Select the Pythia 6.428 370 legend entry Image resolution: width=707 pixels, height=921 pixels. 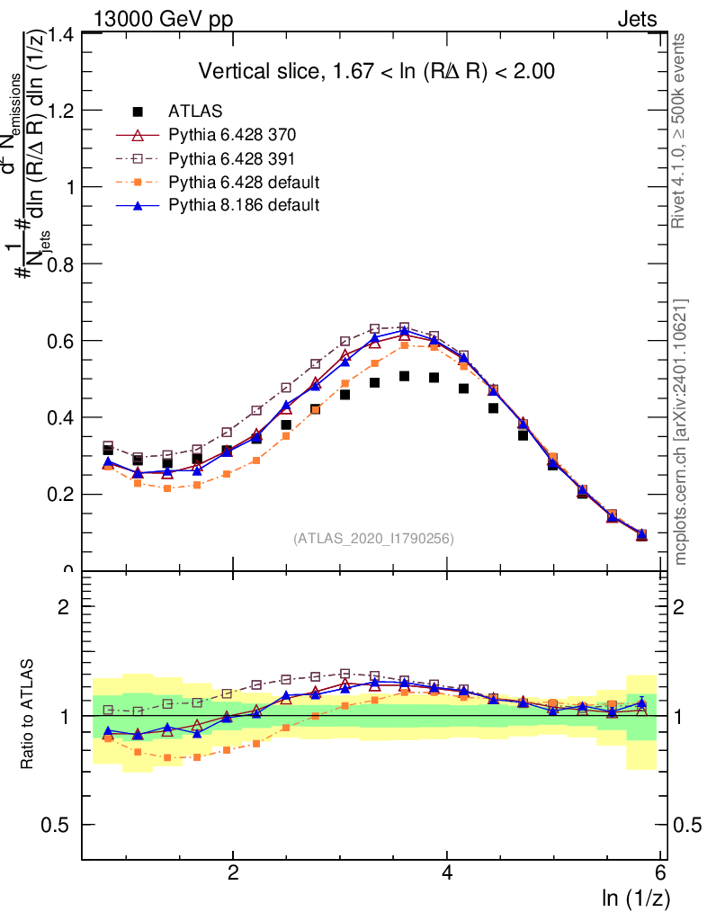click(x=232, y=135)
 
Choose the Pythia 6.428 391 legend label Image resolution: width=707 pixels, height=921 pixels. click(x=232, y=158)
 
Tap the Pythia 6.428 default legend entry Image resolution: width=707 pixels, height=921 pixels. click(x=244, y=182)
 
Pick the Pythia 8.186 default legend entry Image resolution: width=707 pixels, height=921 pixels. click(x=244, y=205)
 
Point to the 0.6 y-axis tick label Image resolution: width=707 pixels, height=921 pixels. click(x=61, y=341)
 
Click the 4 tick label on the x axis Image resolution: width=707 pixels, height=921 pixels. click(x=447, y=873)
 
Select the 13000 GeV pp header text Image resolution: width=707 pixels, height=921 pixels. click(x=163, y=19)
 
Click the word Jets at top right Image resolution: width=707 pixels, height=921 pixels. click(x=637, y=19)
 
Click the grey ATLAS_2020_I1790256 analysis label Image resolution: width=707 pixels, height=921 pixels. click(x=372, y=539)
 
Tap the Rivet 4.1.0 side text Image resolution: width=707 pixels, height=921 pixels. click(x=679, y=131)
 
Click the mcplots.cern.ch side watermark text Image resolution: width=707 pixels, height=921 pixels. click(x=681, y=432)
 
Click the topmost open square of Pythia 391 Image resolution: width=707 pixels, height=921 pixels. click(x=405, y=326)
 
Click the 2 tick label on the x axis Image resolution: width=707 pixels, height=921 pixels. click(x=233, y=873)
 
